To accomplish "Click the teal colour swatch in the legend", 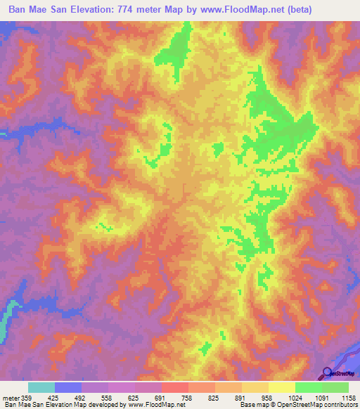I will click(x=41, y=387).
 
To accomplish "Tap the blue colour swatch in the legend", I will click(x=68, y=387).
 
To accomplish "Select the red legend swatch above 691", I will click(x=175, y=387).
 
